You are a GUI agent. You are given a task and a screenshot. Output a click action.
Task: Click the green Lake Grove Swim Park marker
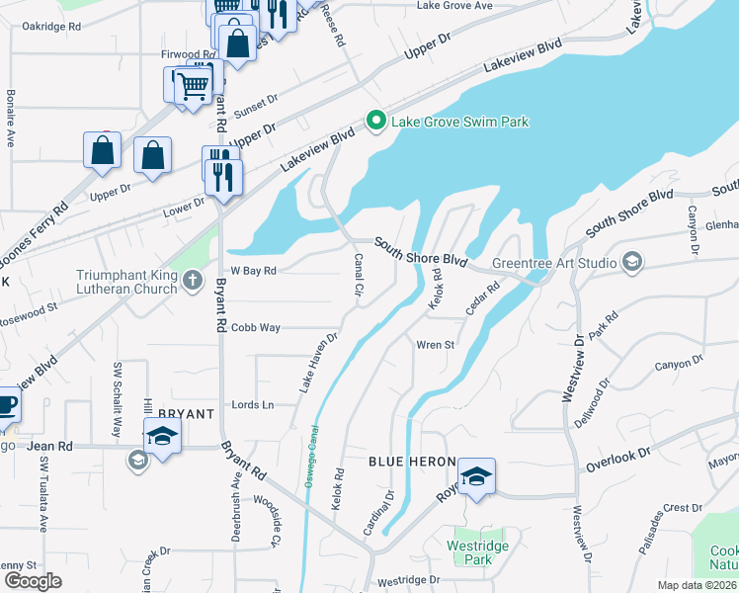coord(375,122)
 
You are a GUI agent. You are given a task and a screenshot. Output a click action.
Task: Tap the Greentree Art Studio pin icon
coord(632,263)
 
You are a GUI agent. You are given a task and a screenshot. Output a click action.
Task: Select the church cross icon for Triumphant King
coord(193,283)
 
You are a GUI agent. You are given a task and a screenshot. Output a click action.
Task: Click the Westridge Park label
coord(469,551)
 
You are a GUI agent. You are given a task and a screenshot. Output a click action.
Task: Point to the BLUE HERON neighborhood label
coord(412,463)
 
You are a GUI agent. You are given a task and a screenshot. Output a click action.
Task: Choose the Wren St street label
coord(435,345)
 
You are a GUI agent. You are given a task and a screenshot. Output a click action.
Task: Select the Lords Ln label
coord(251,405)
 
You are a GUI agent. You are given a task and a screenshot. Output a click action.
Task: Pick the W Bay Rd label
coord(253,270)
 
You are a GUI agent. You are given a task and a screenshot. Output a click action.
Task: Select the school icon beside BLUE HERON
coord(476,476)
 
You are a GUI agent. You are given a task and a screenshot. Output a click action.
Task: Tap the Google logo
coord(32,581)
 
